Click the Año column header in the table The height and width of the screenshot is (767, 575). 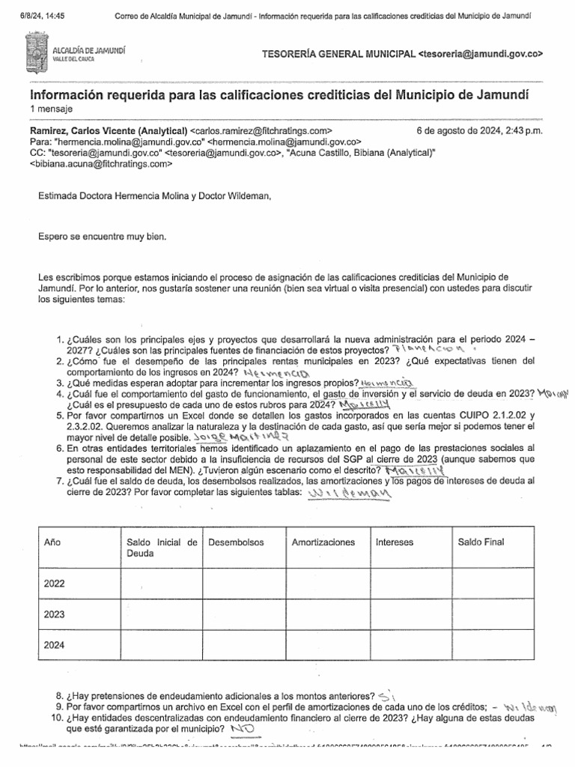pos(52,542)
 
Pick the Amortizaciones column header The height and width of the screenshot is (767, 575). pos(323,542)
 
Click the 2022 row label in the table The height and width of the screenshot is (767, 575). pos(55,583)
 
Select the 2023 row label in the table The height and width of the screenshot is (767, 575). pos(55,615)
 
